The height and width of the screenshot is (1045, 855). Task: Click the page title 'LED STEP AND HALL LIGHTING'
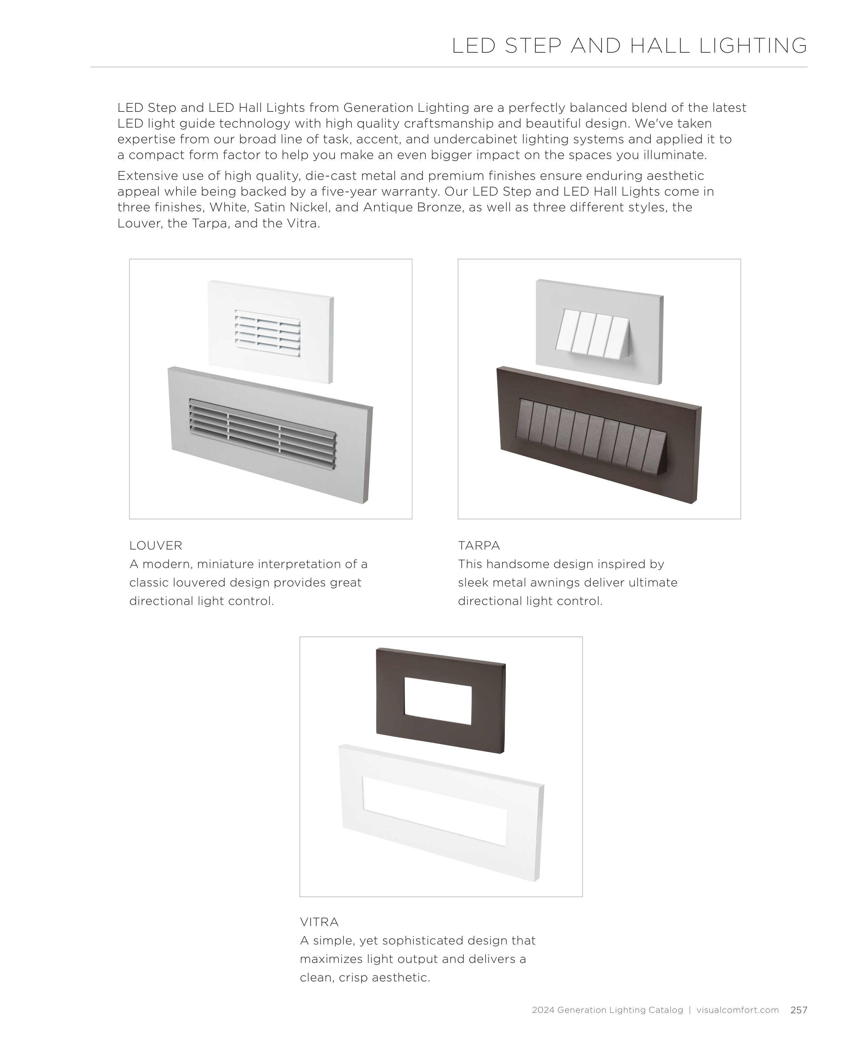click(629, 46)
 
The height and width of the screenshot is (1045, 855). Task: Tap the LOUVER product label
click(156, 546)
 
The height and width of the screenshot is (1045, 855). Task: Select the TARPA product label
click(479, 546)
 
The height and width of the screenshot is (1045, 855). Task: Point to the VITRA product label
click(319, 922)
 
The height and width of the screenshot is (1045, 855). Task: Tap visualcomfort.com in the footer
click(737, 1010)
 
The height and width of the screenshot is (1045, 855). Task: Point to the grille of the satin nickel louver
click(263, 433)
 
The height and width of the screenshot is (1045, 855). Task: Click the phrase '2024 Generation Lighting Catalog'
click(607, 1010)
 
